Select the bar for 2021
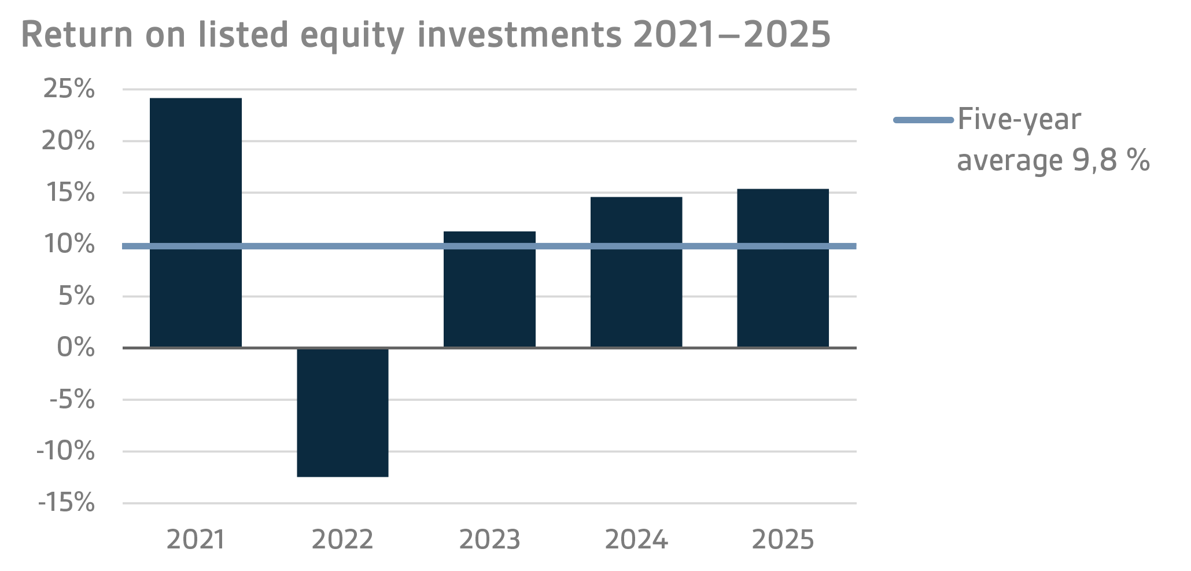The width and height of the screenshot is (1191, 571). [196, 223]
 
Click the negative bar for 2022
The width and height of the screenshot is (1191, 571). [342, 412]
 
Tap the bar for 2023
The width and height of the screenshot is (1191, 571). [489, 289]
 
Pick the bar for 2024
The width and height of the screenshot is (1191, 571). [636, 272]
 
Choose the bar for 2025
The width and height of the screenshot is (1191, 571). [783, 268]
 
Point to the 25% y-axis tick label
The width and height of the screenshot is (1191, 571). [69, 89]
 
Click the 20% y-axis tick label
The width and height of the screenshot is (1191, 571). [68, 141]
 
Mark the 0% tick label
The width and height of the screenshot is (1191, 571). [76, 348]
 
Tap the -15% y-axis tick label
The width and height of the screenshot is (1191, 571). [67, 503]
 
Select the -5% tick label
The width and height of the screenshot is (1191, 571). [72, 399]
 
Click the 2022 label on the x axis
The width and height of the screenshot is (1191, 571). [342, 540]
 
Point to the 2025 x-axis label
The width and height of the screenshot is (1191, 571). [783, 540]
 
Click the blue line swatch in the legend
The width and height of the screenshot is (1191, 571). [923, 120]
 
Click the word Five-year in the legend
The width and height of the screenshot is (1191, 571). [1019, 120]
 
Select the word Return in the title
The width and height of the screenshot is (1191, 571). [77, 35]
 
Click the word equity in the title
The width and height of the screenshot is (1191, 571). [353, 36]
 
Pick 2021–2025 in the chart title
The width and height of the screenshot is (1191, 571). [731, 35]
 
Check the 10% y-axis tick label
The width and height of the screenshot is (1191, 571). [69, 244]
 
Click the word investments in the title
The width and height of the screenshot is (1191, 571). [519, 35]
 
